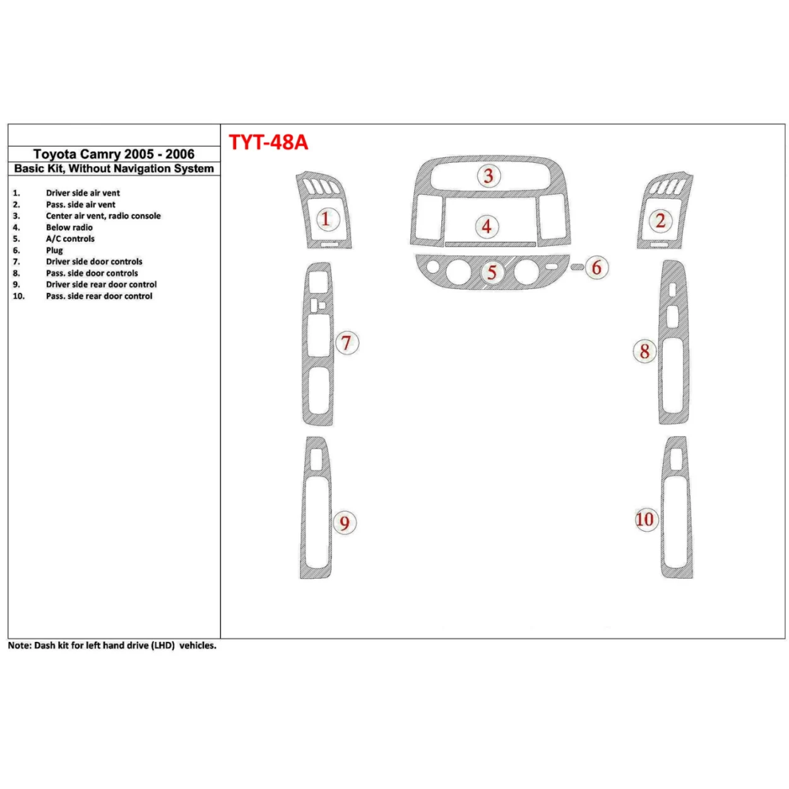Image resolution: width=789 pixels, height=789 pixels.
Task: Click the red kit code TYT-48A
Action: pyautogui.click(x=268, y=142)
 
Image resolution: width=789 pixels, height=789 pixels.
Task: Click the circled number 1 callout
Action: pyautogui.click(x=326, y=220)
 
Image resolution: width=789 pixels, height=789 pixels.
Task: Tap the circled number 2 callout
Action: pyautogui.click(x=660, y=221)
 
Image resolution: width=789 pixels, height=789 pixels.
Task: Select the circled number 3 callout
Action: pyautogui.click(x=488, y=176)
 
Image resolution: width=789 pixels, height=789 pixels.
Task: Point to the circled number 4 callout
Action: pyautogui.click(x=486, y=226)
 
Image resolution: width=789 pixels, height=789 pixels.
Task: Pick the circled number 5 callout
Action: pyautogui.click(x=492, y=273)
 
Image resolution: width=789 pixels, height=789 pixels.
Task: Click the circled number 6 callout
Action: pyautogui.click(x=596, y=268)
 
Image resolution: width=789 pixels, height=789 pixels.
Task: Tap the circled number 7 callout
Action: pyautogui.click(x=346, y=343)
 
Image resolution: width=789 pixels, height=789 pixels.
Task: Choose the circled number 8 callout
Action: pyautogui.click(x=644, y=351)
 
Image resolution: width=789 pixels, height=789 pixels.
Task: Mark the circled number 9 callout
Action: pyautogui.click(x=344, y=523)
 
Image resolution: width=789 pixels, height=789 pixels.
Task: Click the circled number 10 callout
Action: pyautogui.click(x=644, y=519)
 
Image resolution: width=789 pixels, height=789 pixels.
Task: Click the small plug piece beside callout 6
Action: pyautogui.click(x=577, y=268)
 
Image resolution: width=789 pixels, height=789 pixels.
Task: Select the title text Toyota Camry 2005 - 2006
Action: pyautogui.click(x=114, y=154)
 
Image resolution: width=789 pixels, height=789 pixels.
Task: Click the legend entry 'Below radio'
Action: pyautogui.click(x=69, y=227)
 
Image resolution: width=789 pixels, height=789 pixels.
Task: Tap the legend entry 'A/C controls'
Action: pyautogui.click(x=70, y=239)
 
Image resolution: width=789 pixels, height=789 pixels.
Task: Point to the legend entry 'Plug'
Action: pyautogui.click(x=54, y=250)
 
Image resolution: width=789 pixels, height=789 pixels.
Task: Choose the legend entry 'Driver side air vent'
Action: pyautogui.click(x=83, y=193)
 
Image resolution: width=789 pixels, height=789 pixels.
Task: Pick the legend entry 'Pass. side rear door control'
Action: pyautogui.click(x=99, y=296)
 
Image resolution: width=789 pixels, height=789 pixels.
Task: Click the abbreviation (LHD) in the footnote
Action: pyautogui.click(x=163, y=646)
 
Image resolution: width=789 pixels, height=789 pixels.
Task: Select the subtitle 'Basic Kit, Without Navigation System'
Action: pyautogui.click(x=114, y=169)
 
